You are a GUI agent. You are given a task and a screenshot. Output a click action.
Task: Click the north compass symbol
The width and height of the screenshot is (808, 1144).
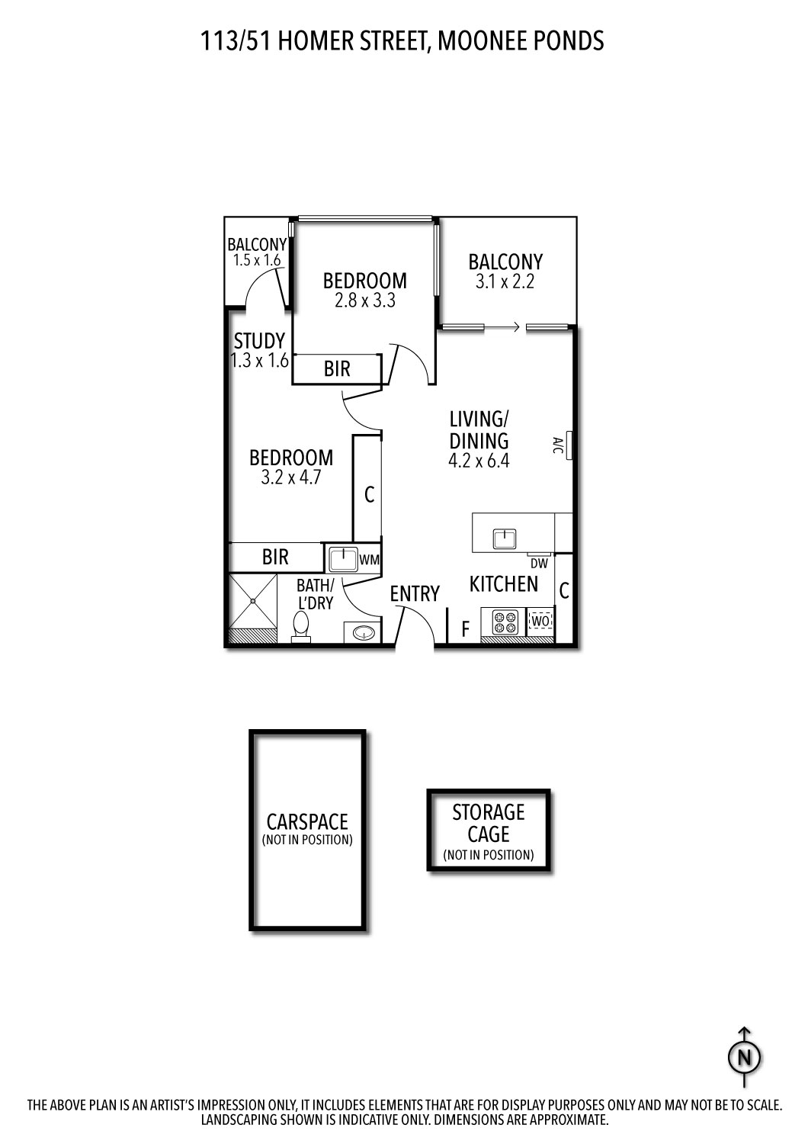tap(745, 1058)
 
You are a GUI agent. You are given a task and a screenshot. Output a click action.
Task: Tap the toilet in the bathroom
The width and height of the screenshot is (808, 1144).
tap(301, 628)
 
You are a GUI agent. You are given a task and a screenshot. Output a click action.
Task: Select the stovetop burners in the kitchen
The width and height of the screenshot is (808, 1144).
tap(504, 622)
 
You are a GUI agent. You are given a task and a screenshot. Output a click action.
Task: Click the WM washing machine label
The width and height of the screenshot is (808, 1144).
tap(370, 560)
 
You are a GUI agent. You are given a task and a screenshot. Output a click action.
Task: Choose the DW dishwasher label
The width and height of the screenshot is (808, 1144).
tap(539, 564)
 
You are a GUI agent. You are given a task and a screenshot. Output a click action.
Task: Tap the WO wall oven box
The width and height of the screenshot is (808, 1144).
tap(540, 621)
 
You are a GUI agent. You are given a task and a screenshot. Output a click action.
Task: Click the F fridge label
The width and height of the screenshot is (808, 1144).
tap(464, 629)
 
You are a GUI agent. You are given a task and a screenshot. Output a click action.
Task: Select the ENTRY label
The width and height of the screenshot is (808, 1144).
tap(415, 593)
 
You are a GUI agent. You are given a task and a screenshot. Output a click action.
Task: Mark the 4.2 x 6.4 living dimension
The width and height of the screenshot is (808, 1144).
tap(479, 461)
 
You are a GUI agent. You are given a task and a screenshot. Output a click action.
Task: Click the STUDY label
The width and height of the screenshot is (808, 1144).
tap(259, 341)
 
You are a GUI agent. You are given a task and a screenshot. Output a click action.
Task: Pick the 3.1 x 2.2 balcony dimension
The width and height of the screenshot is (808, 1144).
tap(505, 281)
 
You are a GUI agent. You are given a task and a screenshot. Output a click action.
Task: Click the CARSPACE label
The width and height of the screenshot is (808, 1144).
tap(306, 821)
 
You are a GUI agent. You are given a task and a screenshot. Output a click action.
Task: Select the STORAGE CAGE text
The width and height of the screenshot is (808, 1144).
tap(489, 823)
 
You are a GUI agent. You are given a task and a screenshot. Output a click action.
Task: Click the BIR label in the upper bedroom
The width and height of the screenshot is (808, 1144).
tap(337, 369)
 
